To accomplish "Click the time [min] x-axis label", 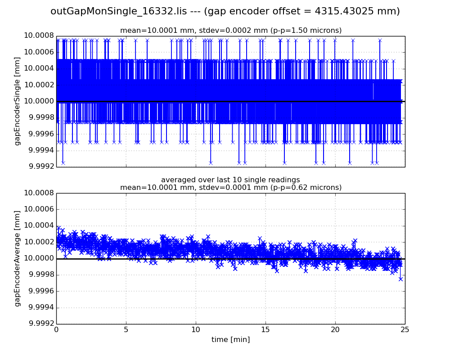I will tap(230, 340).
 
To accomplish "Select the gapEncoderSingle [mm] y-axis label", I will tap(18, 101).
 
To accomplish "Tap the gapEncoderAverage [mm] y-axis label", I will tap(18, 258).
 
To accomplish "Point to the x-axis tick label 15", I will tap(265, 330).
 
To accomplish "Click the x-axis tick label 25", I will tap(405, 330).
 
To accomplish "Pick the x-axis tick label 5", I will tap(126, 330).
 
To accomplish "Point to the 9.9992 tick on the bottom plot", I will tap(40, 324).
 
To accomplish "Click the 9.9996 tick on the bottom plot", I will tap(40, 291).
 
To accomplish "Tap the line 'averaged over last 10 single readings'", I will tap(230, 180).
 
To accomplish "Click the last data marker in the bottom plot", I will tap(400, 279).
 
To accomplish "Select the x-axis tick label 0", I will tap(56, 330).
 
